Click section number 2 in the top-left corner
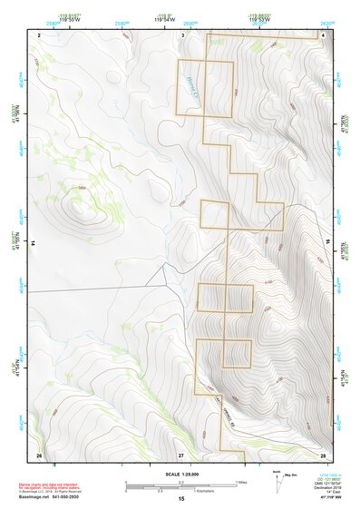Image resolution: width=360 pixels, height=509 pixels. point(40,34)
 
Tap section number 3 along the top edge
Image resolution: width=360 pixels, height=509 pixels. point(183,34)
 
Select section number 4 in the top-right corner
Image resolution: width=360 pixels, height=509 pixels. point(324,34)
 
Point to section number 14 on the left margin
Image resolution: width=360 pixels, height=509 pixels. point(32,243)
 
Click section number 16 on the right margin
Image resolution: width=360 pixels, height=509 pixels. point(329,243)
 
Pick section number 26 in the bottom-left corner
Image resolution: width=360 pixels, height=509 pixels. point(39,454)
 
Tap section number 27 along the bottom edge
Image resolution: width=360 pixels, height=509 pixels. point(180,454)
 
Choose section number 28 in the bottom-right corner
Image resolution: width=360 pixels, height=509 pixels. point(323,454)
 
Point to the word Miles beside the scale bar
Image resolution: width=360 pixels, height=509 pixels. point(240,482)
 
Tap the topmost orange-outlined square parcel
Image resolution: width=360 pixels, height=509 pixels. point(205,88)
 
